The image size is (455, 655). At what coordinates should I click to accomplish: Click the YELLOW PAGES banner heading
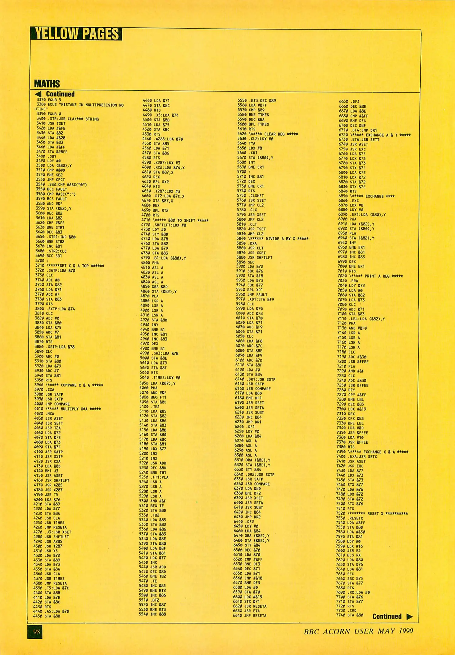coord(76,34)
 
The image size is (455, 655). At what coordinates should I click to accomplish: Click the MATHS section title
coord(47,83)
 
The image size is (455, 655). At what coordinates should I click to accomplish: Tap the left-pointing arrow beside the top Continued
coord(38,94)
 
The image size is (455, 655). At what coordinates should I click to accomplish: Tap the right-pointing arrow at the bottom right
coord(409,616)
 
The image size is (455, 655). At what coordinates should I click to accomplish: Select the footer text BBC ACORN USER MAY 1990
coord(358,631)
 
